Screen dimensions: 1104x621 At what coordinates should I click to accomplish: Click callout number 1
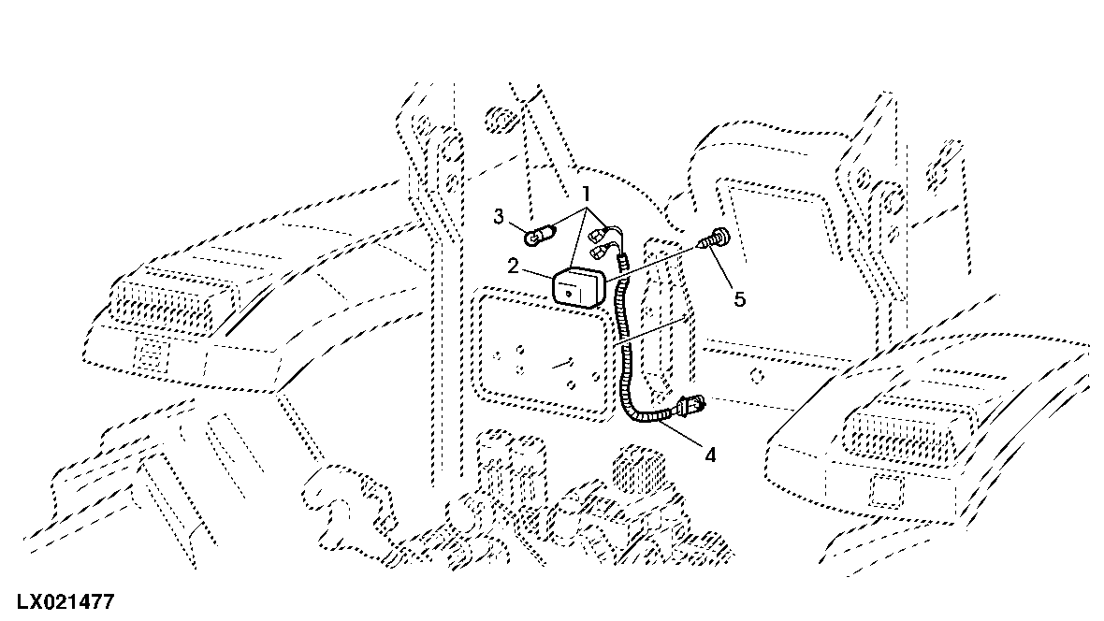click(585, 193)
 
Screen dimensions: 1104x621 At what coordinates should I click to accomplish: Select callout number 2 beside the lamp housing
click(513, 267)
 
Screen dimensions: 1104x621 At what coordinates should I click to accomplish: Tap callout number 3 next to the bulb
click(499, 216)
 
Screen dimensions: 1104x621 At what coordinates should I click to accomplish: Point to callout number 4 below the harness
click(710, 455)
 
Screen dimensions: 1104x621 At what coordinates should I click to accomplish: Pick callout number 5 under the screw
click(739, 299)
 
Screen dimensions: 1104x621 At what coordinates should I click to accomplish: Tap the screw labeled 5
click(713, 238)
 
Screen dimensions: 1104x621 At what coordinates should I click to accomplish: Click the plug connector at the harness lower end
click(690, 406)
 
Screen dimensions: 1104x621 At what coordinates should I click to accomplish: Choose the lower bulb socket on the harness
click(603, 250)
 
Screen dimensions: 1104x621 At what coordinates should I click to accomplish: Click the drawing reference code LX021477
click(65, 602)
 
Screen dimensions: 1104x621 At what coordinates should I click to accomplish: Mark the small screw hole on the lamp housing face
click(569, 287)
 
